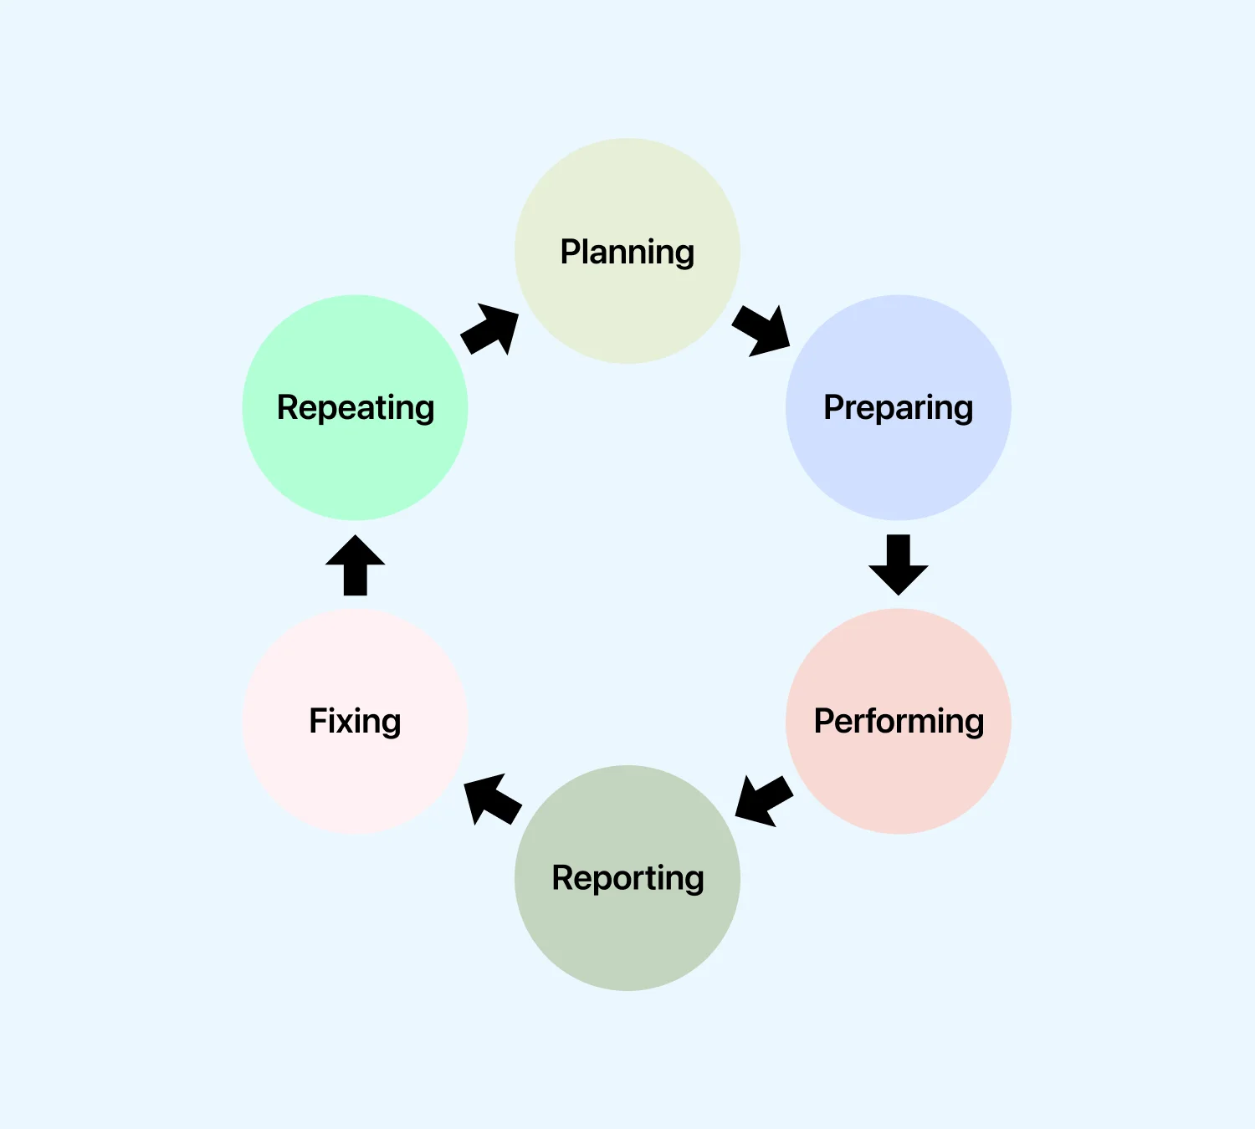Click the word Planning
[627, 252]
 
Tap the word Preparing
[898, 407]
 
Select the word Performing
[899, 721]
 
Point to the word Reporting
[627, 878]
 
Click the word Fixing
[355, 721]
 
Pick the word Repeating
[356, 407]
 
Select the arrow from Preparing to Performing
[899, 564]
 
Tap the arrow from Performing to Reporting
[762, 800]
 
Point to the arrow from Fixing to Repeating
[356, 564]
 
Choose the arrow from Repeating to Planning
[491, 329]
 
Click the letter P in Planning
[571, 252]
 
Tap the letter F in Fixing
[319, 721]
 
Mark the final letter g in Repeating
[424, 411]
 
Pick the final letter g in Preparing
[963, 411]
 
